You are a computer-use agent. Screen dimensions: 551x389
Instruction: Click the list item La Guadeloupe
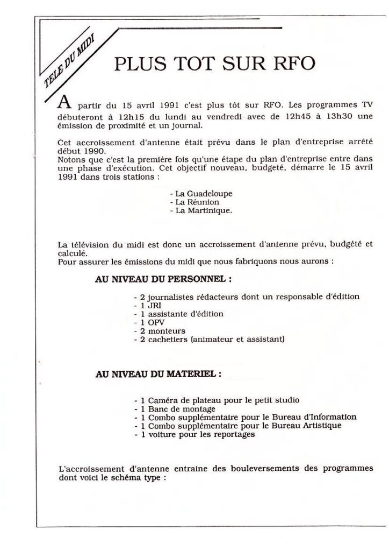tap(197, 192)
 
